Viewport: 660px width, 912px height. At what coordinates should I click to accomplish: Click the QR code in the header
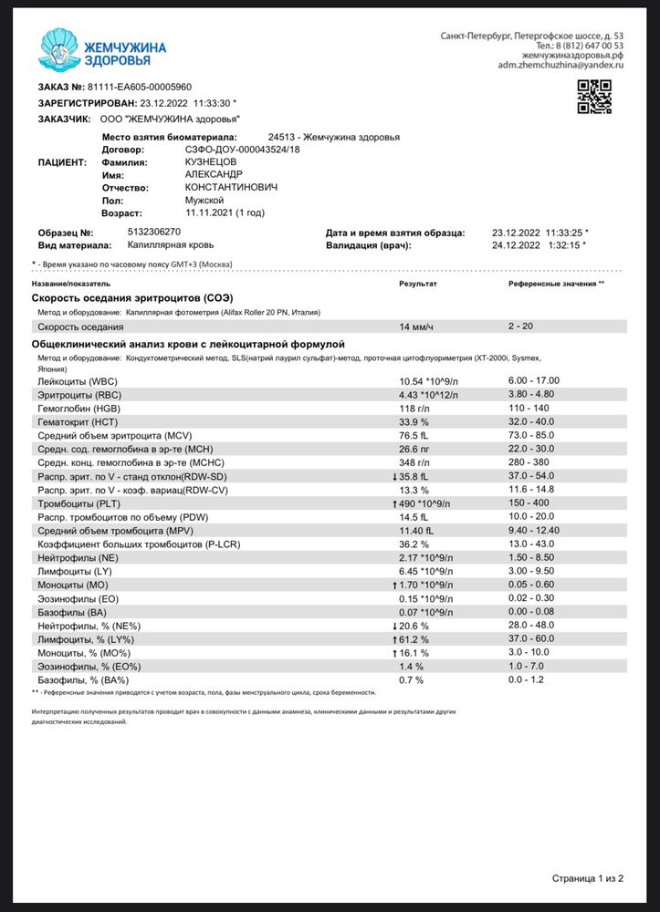pos(593,97)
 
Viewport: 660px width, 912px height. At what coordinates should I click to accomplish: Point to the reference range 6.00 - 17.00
pos(533,380)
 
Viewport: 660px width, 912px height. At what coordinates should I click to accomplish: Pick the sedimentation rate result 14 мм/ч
pos(415,326)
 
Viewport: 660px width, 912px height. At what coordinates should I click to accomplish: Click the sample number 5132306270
pos(154,232)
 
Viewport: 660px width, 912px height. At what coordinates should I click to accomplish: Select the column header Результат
pos(417,285)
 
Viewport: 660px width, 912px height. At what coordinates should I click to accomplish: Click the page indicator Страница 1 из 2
pos(587,878)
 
